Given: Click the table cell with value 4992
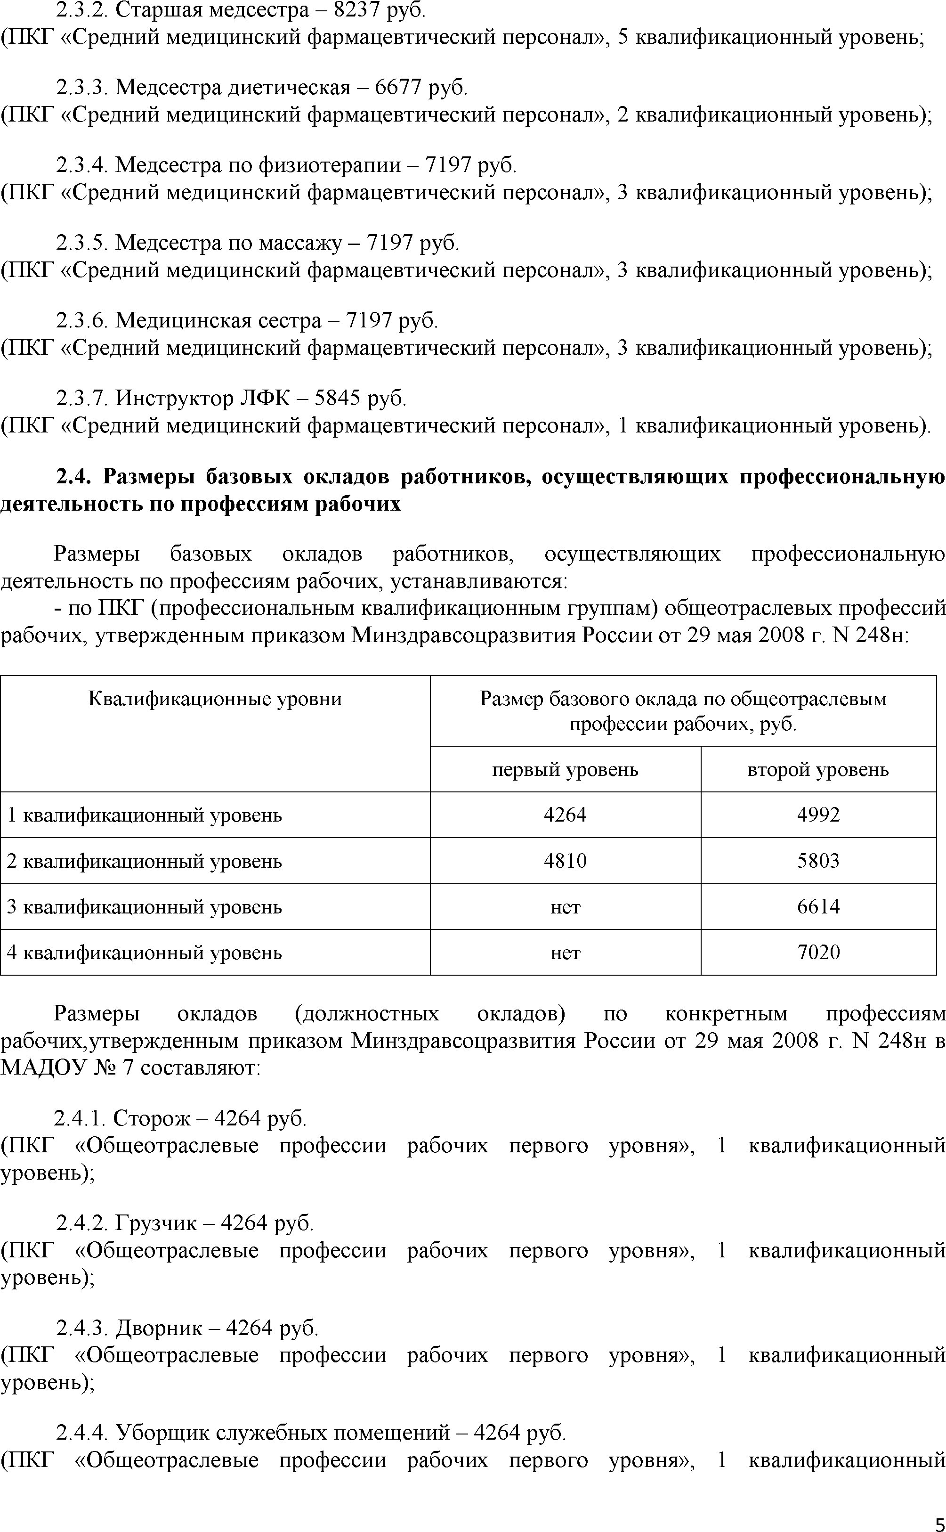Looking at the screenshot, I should pos(818,815).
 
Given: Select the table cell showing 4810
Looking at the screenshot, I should pos(565,861).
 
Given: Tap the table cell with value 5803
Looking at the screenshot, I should pos(818,861).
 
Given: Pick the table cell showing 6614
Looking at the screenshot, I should pos(818,907).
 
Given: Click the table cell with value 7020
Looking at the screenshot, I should pos(818,953).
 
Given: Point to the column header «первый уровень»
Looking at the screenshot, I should pos(565,769).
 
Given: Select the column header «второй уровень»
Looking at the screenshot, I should pos(818,769).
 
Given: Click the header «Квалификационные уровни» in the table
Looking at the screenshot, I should pos(215,699).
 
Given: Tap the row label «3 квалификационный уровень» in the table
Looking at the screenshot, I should pos(144,907).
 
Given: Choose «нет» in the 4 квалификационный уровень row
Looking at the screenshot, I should pos(565,953).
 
